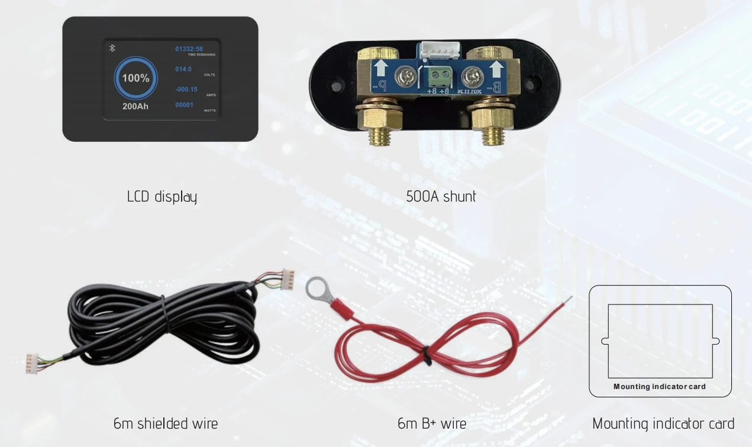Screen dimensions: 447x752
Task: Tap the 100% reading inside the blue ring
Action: coord(135,78)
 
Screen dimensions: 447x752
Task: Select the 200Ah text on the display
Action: coord(135,106)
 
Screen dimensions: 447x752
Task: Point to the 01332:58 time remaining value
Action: coord(189,48)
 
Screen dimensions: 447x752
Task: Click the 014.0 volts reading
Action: coord(183,69)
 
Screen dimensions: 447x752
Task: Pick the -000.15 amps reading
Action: coord(186,89)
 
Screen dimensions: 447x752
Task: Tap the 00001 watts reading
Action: coord(184,105)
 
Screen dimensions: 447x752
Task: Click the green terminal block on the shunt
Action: coord(438,75)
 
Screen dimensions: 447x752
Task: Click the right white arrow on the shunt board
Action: coord(496,69)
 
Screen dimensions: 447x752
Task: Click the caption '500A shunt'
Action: coord(441,196)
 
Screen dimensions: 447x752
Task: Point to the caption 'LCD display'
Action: coord(162,196)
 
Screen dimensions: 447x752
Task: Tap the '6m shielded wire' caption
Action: coord(166,423)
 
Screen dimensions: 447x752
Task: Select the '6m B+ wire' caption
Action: coord(432,423)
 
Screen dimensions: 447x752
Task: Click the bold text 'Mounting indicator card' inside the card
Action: coord(660,387)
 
